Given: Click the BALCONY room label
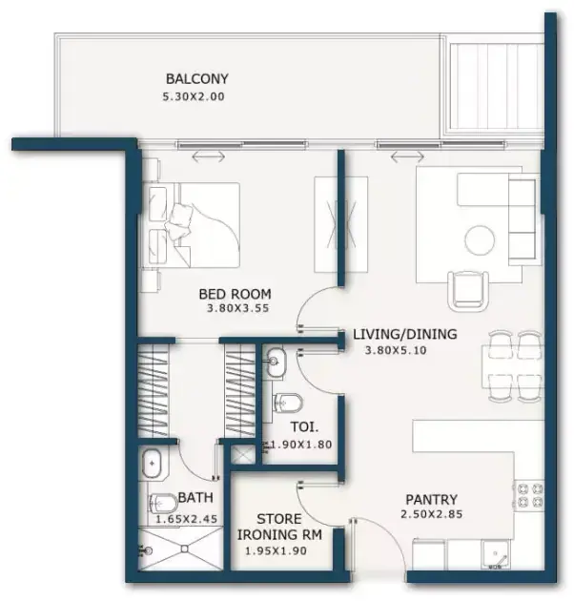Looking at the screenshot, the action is (197, 79).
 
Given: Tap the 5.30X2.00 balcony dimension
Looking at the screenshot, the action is (194, 96).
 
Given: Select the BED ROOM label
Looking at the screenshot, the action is (235, 294).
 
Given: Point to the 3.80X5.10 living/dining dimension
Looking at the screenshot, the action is (396, 350).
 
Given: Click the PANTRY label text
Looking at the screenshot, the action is (432, 500).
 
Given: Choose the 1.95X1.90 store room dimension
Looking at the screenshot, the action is (276, 551).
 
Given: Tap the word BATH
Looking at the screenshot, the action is (195, 498).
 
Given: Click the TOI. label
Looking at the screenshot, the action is (304, 427).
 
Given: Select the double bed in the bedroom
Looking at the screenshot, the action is (195, 225).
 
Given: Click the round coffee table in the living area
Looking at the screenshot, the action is (480, 240).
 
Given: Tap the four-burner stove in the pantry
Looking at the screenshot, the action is (530, 495).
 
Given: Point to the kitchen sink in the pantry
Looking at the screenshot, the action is (496, 554).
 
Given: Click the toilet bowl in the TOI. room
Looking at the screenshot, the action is (287, 404).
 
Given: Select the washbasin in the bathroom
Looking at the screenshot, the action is (153, 464).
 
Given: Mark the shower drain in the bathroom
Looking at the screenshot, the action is (186, 549).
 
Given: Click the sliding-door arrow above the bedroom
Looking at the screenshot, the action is (208, 156).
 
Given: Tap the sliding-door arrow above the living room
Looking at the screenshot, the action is (407, 156).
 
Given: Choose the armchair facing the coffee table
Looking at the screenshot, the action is (468, 290).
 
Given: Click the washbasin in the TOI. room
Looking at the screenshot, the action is (276, 361).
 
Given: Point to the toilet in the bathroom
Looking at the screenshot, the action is (161, 504).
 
